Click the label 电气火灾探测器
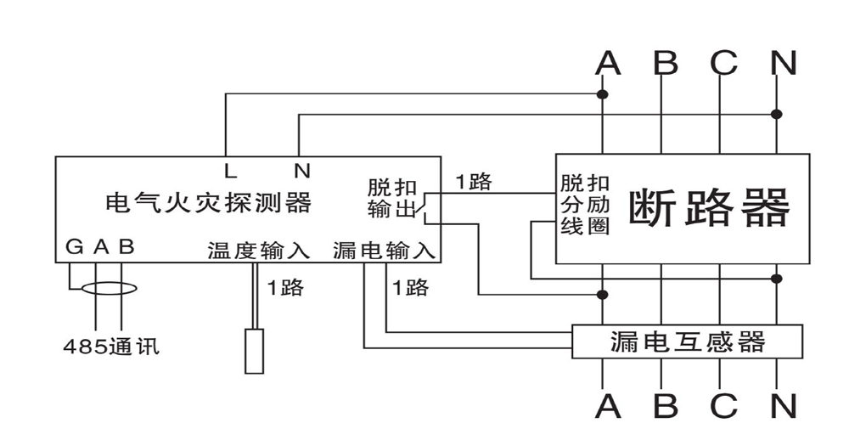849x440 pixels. coord(208,204)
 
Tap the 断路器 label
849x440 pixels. coord(708,209)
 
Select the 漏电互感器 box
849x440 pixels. coord(688,341)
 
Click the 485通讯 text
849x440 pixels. coord(111,347)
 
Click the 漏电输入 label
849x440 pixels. coord(385,251)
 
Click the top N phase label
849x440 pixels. coord(783,63)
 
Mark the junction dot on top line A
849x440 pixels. coord(603,93)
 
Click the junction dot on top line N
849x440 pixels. coord(776,114)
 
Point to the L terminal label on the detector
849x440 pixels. coord(231,171)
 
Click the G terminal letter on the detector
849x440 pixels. coord(74,247)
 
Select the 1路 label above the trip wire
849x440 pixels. coord(474,182)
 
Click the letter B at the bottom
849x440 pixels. coord(666,407)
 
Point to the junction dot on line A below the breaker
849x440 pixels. coord(603,295)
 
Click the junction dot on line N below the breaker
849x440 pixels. coord(776,278)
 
